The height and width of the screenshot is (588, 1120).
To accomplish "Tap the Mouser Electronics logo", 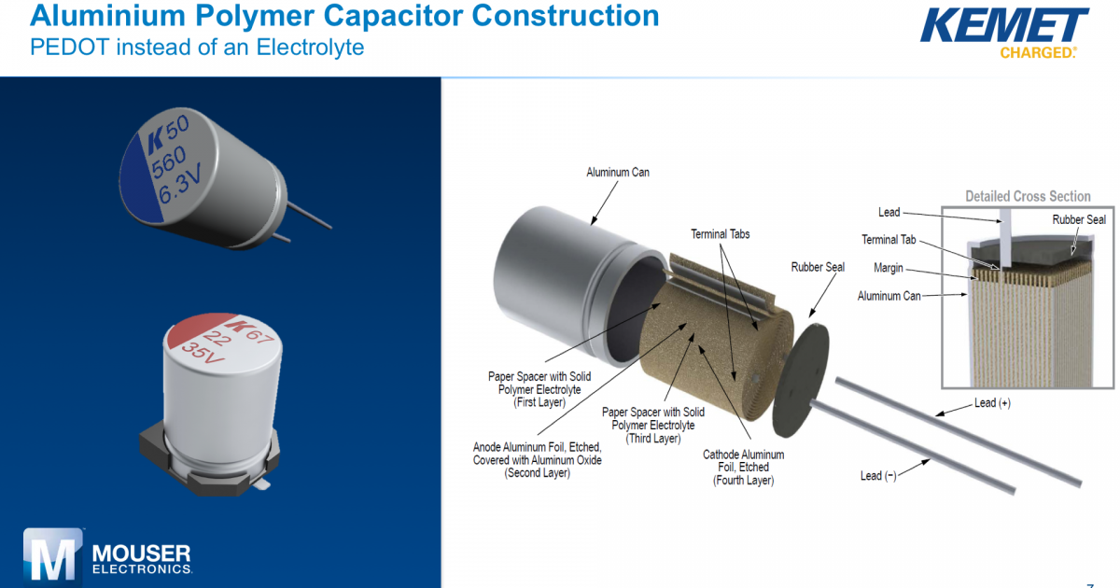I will tap(108, 557).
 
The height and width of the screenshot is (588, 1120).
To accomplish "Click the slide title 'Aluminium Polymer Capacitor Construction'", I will tap(344, 16).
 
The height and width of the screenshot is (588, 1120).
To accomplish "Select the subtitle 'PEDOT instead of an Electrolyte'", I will tap(197, 47).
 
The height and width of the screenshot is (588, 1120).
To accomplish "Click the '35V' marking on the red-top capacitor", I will tap(203, 354).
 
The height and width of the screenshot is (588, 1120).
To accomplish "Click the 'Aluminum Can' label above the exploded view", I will tap(617, 173).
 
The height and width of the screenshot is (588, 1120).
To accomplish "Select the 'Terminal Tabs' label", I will tap(720, 233).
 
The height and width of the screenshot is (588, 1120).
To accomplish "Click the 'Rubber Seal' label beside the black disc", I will tap(818, 267).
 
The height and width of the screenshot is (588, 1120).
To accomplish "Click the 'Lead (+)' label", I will tap(992, 403).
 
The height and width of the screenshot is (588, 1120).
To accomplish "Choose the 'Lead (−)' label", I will tap(877, 476).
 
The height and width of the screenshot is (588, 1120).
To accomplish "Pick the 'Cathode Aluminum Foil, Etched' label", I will tap(743, 467).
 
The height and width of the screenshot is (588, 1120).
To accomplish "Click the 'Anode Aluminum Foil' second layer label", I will tap(537, 460).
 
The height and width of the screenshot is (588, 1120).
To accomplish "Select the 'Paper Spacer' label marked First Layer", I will tap(539, 389).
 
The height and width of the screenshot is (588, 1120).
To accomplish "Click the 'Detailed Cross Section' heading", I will tap(1028, 196).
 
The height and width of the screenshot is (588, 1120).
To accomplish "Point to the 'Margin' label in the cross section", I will tap(888, 268).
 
